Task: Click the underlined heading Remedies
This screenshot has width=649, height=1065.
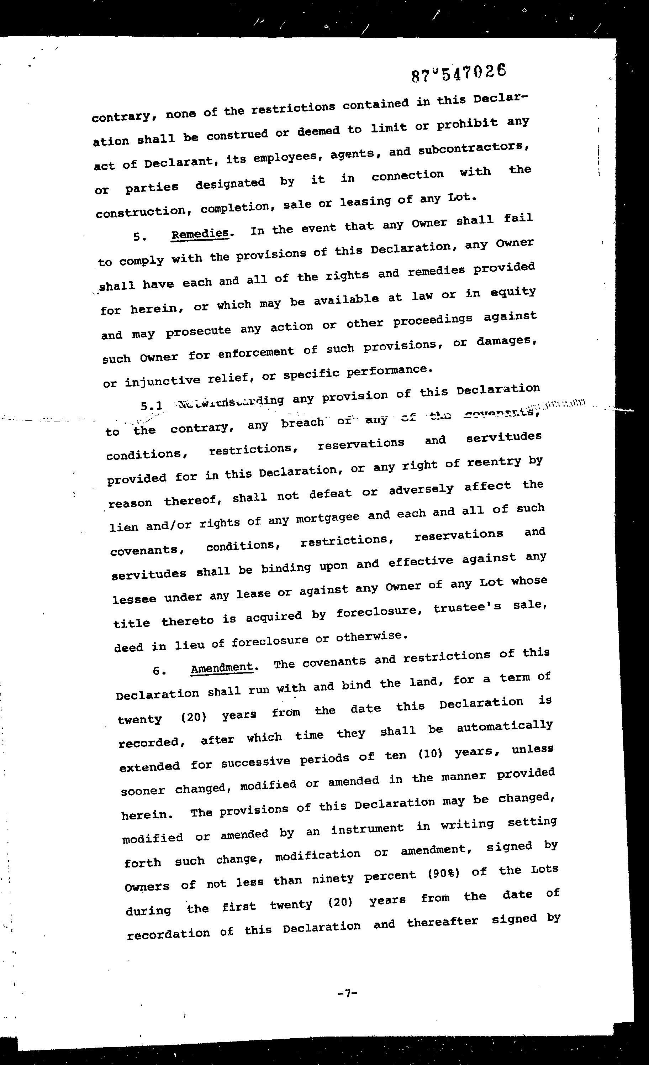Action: pos(200,234)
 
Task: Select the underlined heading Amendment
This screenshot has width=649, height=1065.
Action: pos(222,668)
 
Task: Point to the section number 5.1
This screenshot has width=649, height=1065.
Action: pos(151,406)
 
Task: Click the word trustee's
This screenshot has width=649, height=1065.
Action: pos(467,607)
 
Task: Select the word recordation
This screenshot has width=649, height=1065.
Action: pos(168,933)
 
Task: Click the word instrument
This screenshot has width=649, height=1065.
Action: pos(367,828)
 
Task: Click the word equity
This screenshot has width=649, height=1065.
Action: pos(512,293)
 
